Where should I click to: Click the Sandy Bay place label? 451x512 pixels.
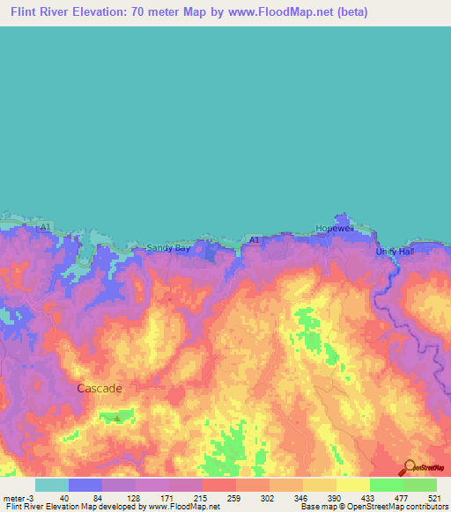(167, 248)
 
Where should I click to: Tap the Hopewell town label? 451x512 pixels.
(335, 228)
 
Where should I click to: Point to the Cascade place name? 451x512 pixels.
(100, 387)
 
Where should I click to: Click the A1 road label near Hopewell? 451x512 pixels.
(255, 239)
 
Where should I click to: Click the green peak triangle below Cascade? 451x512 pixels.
(116, 418)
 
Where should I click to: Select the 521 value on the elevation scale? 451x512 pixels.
(433, 497)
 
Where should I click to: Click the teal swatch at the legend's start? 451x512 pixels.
(52, 485)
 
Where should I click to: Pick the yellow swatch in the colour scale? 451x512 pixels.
(352, 485)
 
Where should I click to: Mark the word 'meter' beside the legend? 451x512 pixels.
(15, 497)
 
